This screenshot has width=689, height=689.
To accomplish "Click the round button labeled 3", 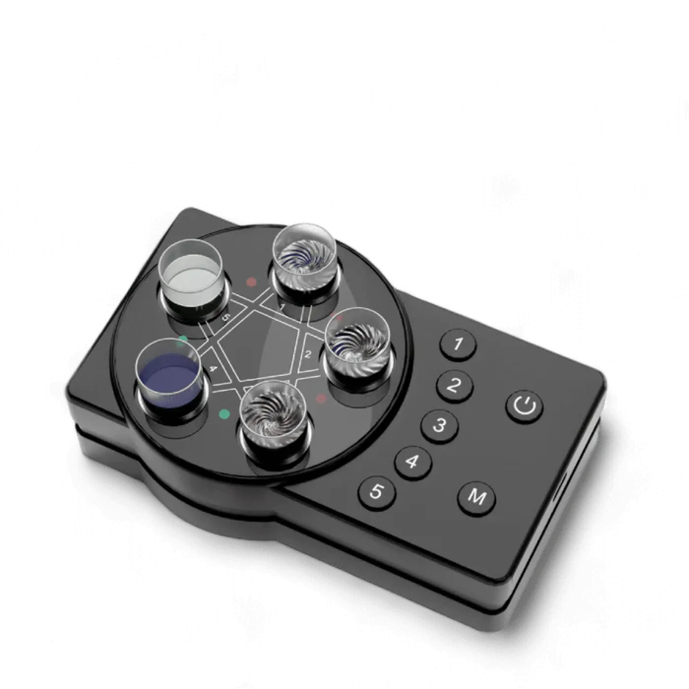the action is [x=439, y=426].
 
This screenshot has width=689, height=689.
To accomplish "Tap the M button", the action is [x=477, y=499].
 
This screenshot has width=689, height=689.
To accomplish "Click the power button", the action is [x=525, y=407].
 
